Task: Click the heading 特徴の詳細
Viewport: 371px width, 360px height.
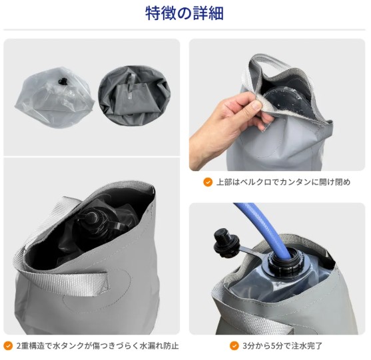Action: point(185,13)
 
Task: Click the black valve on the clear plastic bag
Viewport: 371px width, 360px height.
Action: point(63,82)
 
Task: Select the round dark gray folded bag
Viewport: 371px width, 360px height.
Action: point(135,95)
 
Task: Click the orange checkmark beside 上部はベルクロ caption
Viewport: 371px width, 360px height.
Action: point(208,182)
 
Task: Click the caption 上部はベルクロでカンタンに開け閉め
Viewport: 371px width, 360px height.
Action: point(283,182)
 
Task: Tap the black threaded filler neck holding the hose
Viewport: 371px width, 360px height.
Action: point(287,262)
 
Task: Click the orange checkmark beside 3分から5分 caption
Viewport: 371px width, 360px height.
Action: point(234,346)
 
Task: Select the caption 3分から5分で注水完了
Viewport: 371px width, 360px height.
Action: point(282,346)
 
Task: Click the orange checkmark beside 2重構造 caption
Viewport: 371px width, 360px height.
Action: point(8,346)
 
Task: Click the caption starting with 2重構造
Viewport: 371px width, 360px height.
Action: point(97,346)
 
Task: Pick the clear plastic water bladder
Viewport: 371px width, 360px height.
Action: point(55,98)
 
